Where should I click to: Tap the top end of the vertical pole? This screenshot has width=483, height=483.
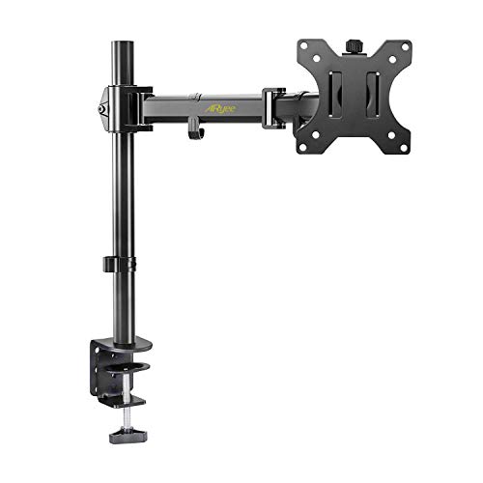pos(123,44)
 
